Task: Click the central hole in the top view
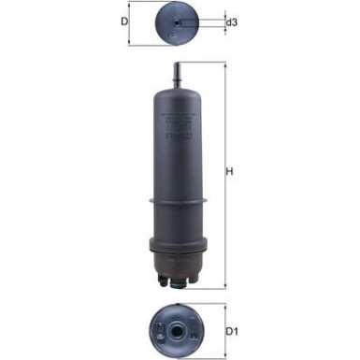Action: [x=179, y=22]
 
